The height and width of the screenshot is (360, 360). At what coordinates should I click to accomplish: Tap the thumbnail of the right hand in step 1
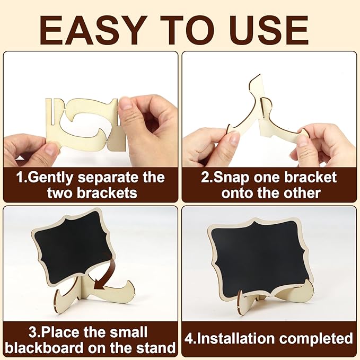(x=126, y=104)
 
